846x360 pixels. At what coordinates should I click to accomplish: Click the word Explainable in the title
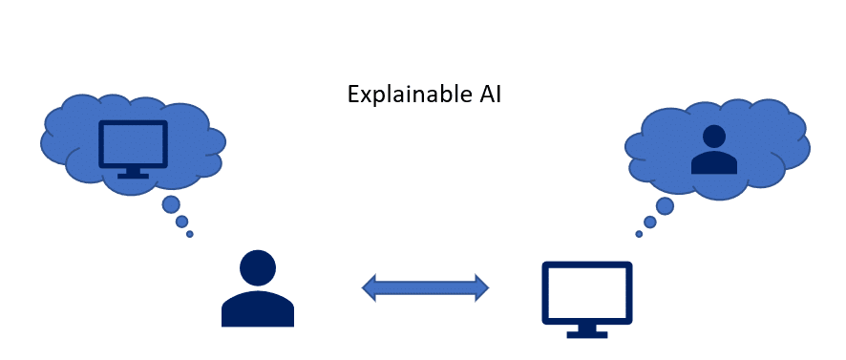click(x=393, y=95)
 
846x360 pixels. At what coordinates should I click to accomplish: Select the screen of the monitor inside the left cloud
click(x=133, y=144)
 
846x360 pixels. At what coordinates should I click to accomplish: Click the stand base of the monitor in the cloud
click(x=133, y=176)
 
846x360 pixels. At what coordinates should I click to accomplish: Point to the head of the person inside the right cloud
click(x=712, y=137)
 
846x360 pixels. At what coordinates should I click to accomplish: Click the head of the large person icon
click(x=257, y=267)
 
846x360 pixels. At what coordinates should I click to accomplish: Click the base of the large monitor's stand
click(x=587, y=334)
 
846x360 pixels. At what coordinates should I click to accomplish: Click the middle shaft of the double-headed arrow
click(x=425, y=286)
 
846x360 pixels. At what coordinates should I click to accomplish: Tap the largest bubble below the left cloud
click(x=171, y=204)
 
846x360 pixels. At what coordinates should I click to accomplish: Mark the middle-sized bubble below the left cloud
click(x=181, y=222)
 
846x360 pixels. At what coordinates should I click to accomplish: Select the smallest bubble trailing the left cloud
click(x=189, y=234)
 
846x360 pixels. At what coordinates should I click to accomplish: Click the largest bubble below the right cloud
click(x=665, y=205)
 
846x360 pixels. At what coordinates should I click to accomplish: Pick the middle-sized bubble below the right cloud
click(x=649, y=222)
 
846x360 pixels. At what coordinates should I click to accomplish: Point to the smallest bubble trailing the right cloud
click(x=639, y=234)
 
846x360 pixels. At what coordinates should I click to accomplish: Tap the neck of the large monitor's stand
click(x=587, y=326)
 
